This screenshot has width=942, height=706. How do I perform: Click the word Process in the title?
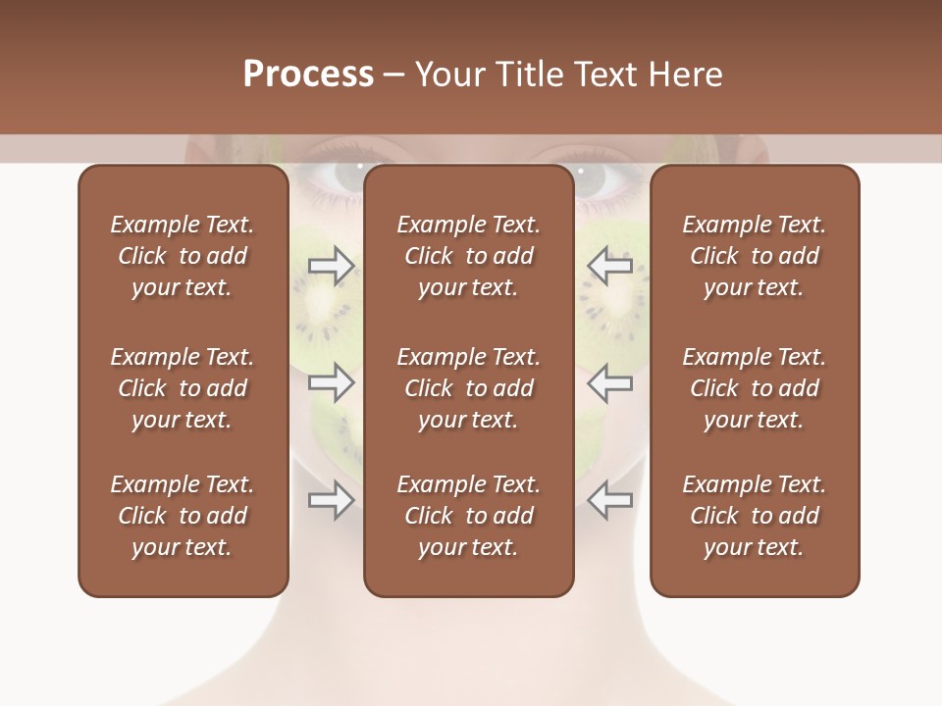[x=308, y=75]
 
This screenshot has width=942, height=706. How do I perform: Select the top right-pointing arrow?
[x=332, y=266]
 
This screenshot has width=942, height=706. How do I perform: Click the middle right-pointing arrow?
[x=332, y=383]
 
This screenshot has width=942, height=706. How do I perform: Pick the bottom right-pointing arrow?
[x=332, y=500]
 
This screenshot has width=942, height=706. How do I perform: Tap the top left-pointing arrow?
[x=609, y=266]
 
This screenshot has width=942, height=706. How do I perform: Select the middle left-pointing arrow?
[x=609, y=383]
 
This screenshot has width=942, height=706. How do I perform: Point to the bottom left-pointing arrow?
[x=609, y=500]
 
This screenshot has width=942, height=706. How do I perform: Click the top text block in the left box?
[x=183, y=256]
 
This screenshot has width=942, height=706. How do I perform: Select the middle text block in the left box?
[x=183, y=388]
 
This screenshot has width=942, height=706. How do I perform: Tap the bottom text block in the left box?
[x=183, y=516]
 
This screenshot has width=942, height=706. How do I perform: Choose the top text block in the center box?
[x=469, y=256]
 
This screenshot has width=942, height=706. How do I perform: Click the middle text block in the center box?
[x=469, y=388]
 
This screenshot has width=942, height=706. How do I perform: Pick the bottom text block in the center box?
[x=469, y=516]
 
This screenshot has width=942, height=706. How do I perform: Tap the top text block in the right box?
[x=755, y=256]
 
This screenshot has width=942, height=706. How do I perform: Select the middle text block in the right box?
[x=755, y=388]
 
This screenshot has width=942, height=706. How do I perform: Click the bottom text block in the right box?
[x=755, y=516]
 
